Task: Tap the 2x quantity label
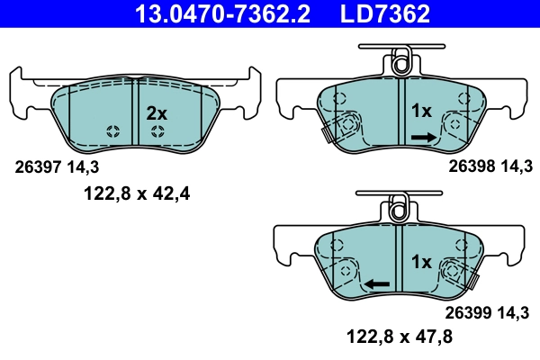157,113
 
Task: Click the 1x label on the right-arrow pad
422,112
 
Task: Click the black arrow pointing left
376,283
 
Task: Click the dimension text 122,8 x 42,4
135,192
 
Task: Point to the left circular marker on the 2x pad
112,132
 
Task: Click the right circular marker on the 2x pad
157,132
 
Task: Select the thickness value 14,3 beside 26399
514,314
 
